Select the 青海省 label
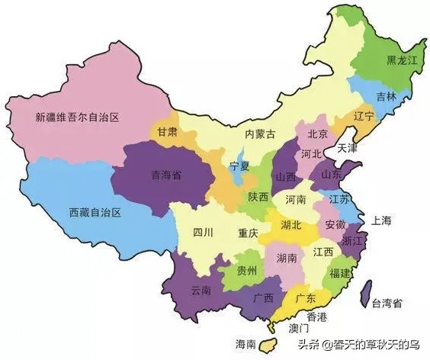click(165, 175)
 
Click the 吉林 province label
click(386, 97)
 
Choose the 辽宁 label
click(364, 117)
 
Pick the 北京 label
click(317, 134)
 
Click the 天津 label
click(348, 147)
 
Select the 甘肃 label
click(168, 131)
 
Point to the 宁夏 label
click(239, 166)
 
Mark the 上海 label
click(381, 220)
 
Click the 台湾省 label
click(387, 304)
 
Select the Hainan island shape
click(268, 344)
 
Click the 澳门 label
click(300, 329)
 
